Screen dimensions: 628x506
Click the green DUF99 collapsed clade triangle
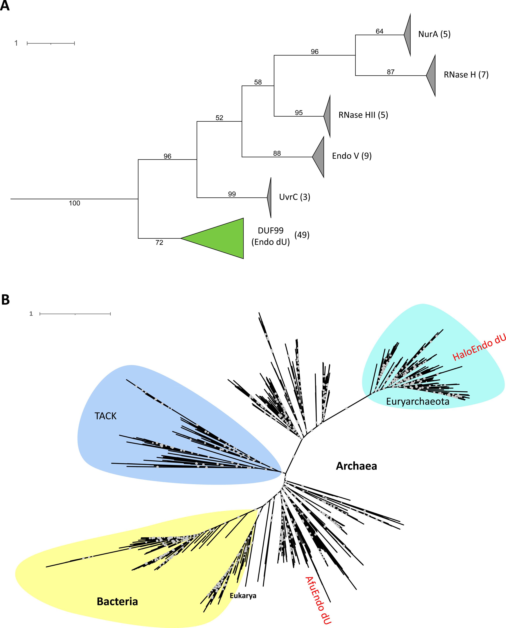[x=222, y=238]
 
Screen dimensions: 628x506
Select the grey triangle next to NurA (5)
[x=408, y=34]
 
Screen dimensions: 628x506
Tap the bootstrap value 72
[x=159, y=242]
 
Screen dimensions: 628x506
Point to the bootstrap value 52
[x=219, y=118]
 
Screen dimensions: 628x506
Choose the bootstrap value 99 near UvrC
[x=232, y=194]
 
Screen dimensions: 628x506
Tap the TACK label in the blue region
[x=105, y=416]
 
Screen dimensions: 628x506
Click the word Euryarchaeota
[x=417, y=401]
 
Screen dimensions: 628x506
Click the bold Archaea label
[x=356, y=466]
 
